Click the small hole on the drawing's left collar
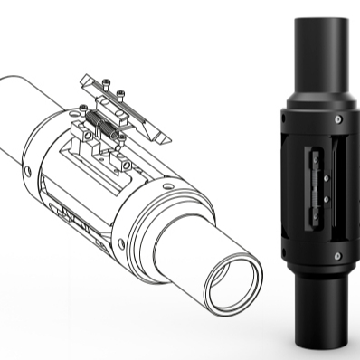pyautogui.click(x=27, y=169)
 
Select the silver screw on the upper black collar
pyautogui.click(x=336, y=118)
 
